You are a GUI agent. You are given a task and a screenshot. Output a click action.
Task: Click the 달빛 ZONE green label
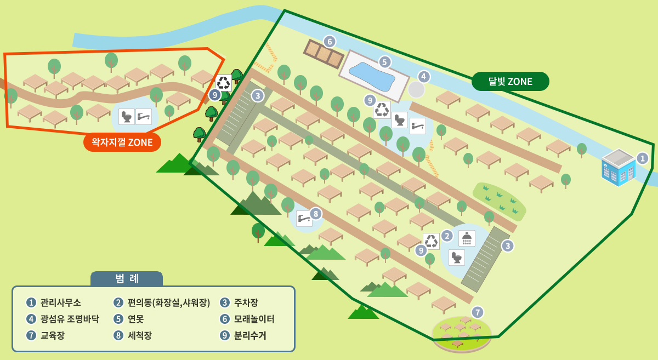tap(510, 82)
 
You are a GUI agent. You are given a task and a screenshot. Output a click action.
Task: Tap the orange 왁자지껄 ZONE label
tap(122, 142)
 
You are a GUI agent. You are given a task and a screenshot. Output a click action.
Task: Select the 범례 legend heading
tap(127, 278)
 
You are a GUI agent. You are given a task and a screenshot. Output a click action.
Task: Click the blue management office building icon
tap(619, 168)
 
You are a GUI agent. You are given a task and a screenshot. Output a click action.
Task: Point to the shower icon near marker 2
tap(467, 238)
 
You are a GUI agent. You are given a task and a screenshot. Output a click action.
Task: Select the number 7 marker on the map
tap(478, 312)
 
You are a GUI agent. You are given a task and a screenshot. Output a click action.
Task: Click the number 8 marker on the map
tap(315, 214)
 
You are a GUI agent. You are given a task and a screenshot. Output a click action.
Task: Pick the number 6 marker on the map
tap(329, 41)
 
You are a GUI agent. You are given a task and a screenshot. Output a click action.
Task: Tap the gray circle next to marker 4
tap(416, 89)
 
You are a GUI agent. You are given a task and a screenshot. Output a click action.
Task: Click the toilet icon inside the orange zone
tap(127, 117)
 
